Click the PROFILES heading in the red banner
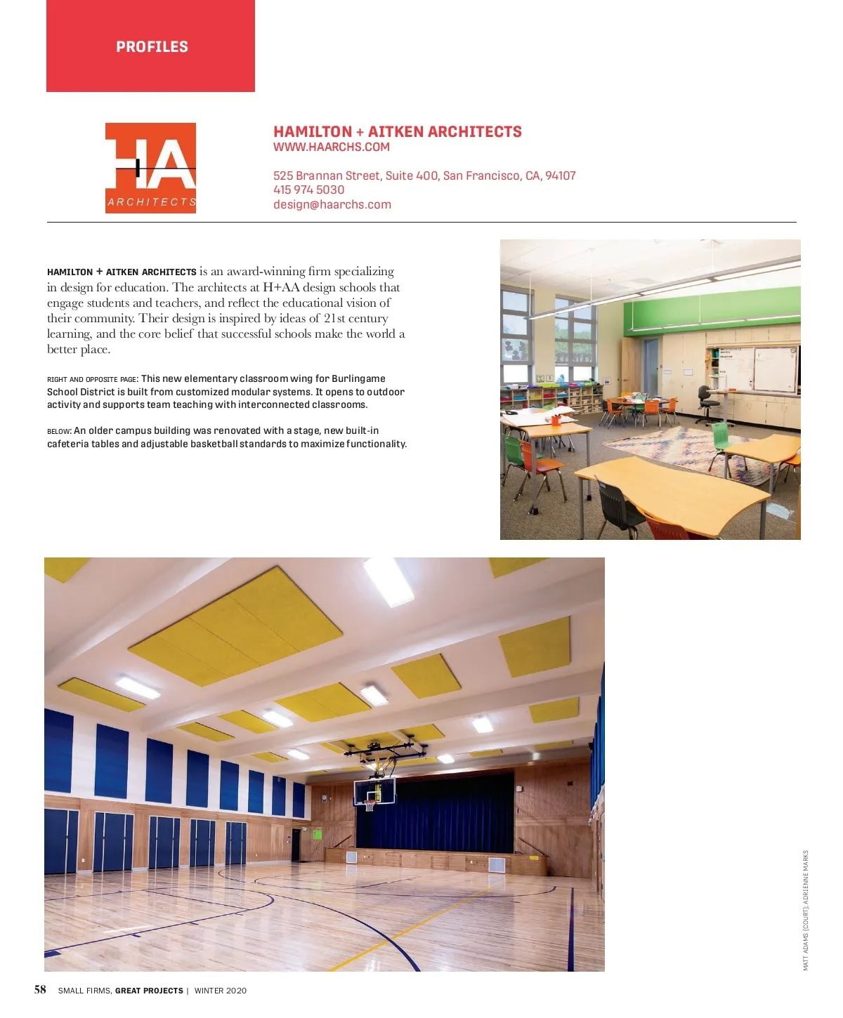[x=152, y=47]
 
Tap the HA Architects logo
[x=150, y=168]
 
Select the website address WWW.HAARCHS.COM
[x=331, y=147]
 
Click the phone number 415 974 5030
[x=308, y=190]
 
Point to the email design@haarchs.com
[x=332, y=205]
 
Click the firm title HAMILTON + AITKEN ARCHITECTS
[x=397, y=132]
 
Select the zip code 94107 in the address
[x=560, y=176]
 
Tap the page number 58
[x=40, y=990]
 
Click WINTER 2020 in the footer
[x=220, y=991]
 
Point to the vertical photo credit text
[x=806, y=911]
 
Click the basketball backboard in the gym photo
[x=374, y=791]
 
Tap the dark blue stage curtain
[x=436, y=811]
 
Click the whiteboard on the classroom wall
[x=774, y=368]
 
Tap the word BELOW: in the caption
[x=59, y=431]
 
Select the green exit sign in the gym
[x=317, y=834]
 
